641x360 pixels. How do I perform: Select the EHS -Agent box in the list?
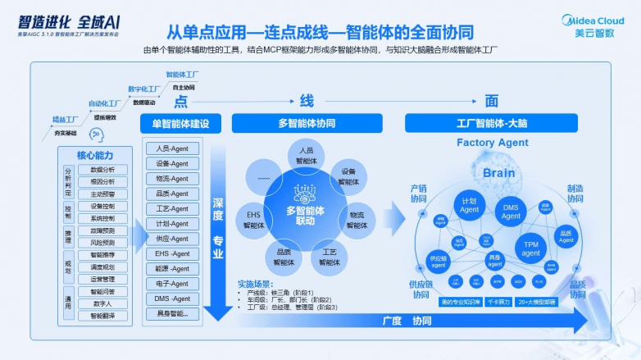pyautogui.click(x=172, y=253)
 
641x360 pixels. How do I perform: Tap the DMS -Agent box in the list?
pyautogui.click(x=172, y=298)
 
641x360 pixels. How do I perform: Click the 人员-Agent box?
pyautogui.click(x=172, y=148)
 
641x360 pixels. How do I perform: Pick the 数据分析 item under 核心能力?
pyautogui.click(x=102, y=169)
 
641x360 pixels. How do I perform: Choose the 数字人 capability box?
pyautogui.click(x=102, y=303)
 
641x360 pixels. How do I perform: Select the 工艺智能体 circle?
pyautogui.click(x=329, y=257)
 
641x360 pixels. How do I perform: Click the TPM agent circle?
pyautogui.click(x=531, y=248)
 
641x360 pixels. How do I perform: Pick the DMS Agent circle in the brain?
pyautogui.click(x=511, y=212)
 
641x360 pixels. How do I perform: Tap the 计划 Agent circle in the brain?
pyautogui.click(x=469, y=205)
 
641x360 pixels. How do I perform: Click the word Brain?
pyautogui.click(x=498, y=173)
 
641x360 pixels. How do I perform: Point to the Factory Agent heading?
pyautogui.click(x=492, y=143)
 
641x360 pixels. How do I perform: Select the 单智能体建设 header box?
pyautogui.click(x=180, y=124)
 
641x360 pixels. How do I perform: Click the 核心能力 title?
pyautogui.click(x=95, y=155)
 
